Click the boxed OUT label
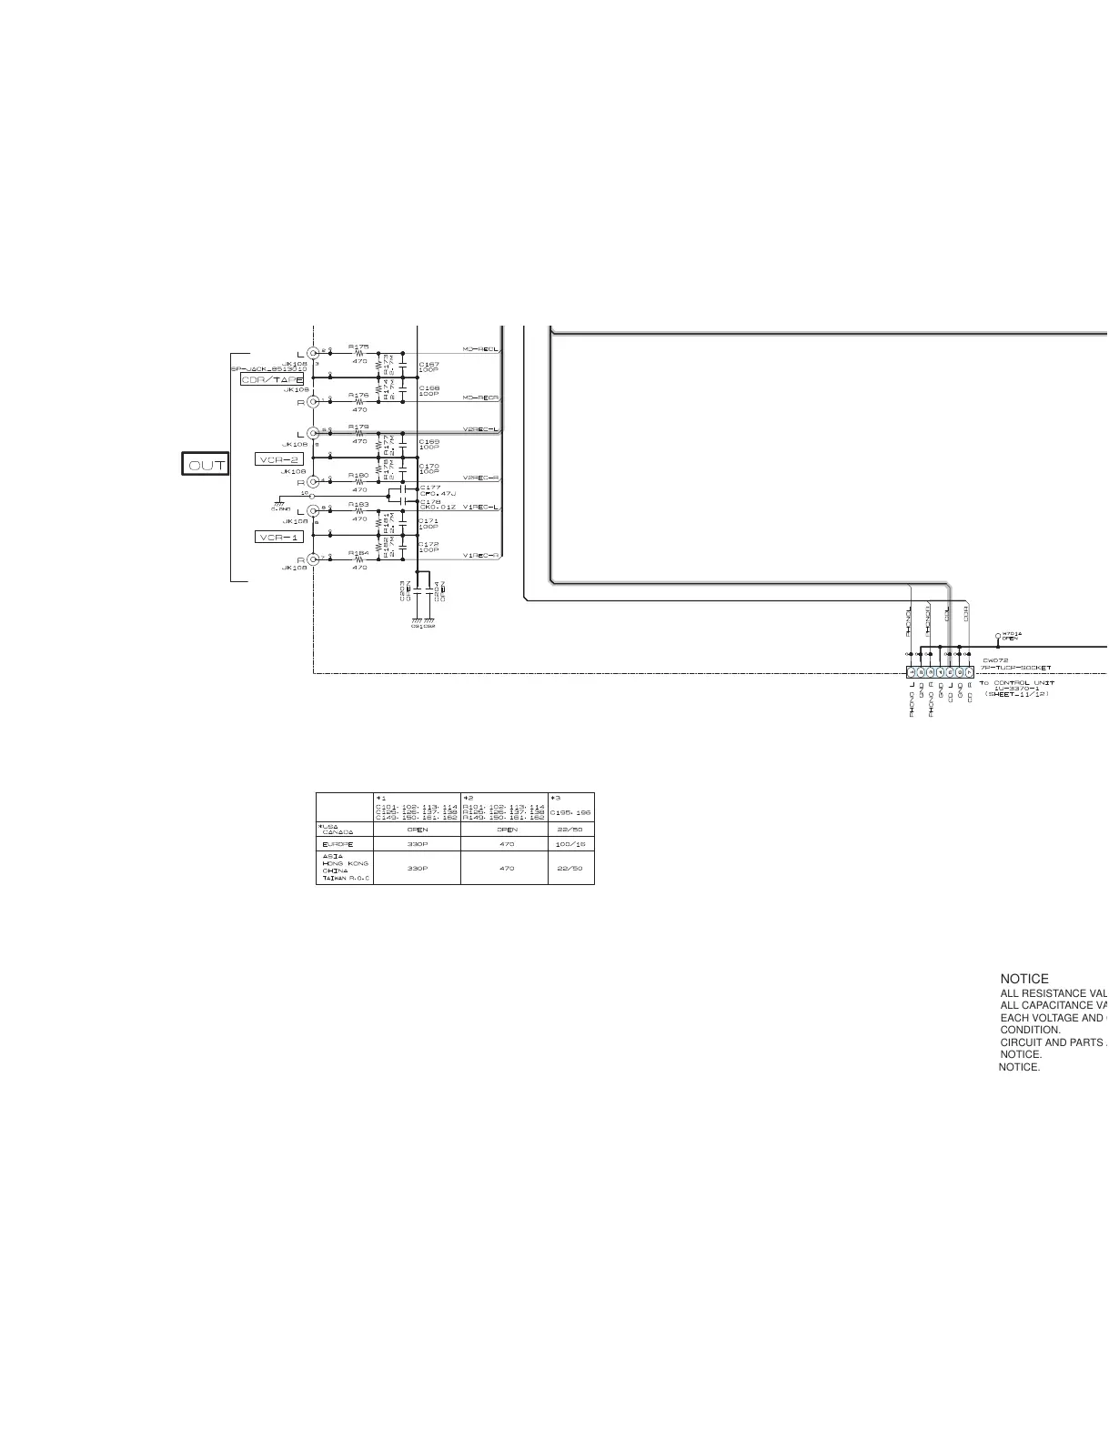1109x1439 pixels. (206, 465)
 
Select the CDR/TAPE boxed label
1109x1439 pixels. (273, 379)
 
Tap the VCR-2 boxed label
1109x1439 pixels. (278, 459)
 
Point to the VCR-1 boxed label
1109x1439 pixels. (278, 538)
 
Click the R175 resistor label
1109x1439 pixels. (358, 347)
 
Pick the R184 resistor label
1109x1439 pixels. (358, 552)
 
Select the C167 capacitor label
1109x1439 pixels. (428, 364)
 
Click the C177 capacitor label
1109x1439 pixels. (430, 488)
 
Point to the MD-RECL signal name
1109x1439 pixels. (480, 349)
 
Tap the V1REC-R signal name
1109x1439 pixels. (480, 556)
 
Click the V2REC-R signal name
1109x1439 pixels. (480, 478)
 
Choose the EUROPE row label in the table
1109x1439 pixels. (338, 844)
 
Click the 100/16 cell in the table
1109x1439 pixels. (570, 844)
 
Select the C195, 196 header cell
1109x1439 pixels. (570, 812)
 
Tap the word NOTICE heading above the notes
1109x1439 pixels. (1023, 979)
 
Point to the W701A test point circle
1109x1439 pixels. (998, 636)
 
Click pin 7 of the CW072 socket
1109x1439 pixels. (969, 672)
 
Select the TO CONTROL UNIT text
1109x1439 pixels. (1016, 682)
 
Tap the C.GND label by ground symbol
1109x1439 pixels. (280, 509)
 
